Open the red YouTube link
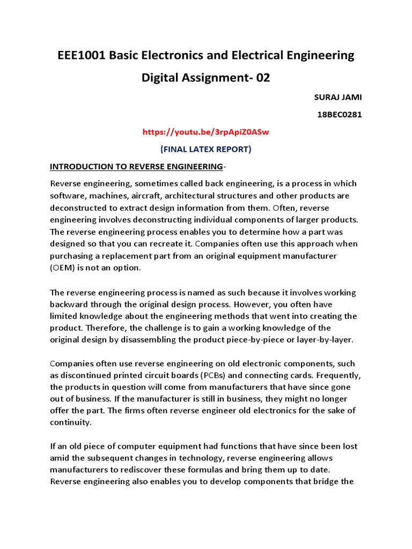coord(206,131)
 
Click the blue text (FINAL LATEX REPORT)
coord(206,149)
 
